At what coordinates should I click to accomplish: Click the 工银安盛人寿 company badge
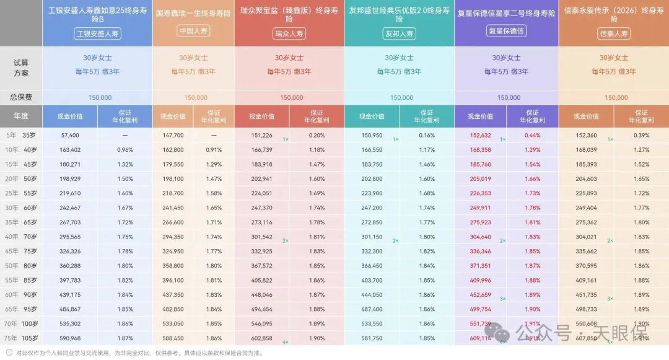pyautogui.click(x=97, y=34)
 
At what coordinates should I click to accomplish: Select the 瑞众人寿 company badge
pyautogui.click(x=289, y=34)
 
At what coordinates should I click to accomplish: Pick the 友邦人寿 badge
pyautogui.click(x=399, y=34)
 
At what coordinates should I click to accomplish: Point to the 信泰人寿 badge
pyautogui.click(x=613, y=34)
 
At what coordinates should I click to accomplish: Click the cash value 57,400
pyautogui.click(x=70, y=135)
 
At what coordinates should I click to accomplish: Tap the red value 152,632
pyautogui.click(x=481, y=135)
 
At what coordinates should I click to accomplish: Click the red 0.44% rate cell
pyautogui.click(x=532, y=135)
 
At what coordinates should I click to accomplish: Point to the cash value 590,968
pyautogui.click(x=70, y=338)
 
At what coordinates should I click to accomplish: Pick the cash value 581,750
pyautogui.click(x=372, y=338)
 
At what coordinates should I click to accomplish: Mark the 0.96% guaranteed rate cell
pyautogui.click(x=125, y=149)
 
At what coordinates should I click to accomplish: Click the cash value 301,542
pyautogui.click(x=261, y=237)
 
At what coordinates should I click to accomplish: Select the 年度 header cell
pyautogui.click(x=21, y=116)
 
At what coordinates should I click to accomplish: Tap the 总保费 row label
pyautogui.click(x=21, y=97)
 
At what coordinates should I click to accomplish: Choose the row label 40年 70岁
pyautogui.click(x=21, y=237)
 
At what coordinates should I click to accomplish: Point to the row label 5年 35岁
pyautogui.click(x=21, y=135)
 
